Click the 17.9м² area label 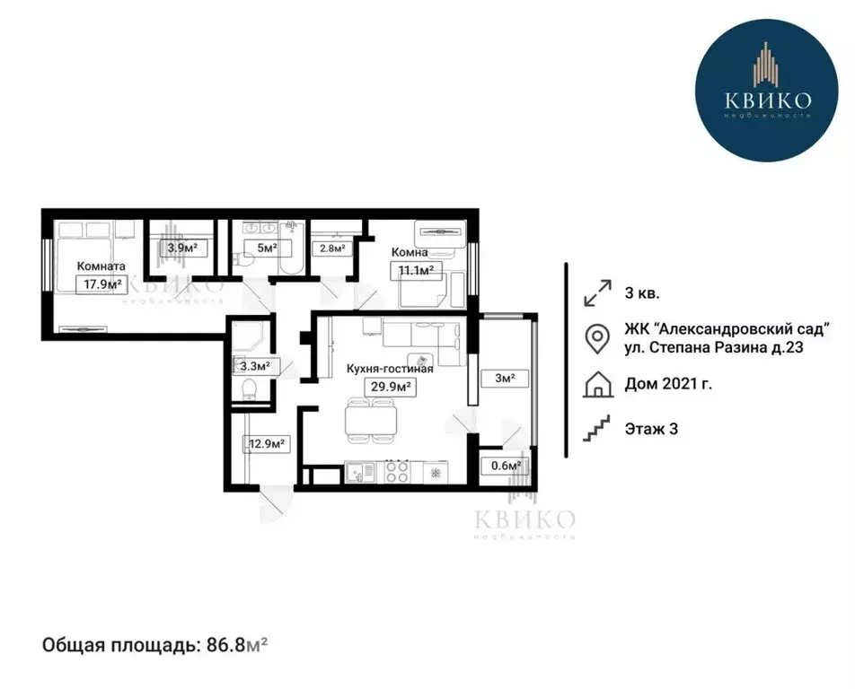tap(100, 285)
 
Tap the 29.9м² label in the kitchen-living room tap(390, 387)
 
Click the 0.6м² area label tap(505, 466)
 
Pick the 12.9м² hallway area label tap(266, 443)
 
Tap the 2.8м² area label tap(329, 249)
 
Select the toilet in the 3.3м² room tap(251, 388)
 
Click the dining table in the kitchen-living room tap(370, 419)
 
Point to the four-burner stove tap(395, 470)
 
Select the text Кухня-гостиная tap(390, 369)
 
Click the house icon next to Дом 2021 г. tap(595, 386)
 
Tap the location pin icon tap(595, 339)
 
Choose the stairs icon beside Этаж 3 tap(595, 429)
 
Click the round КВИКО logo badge tap(766, 101)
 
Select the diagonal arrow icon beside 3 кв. tap(595, 292)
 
